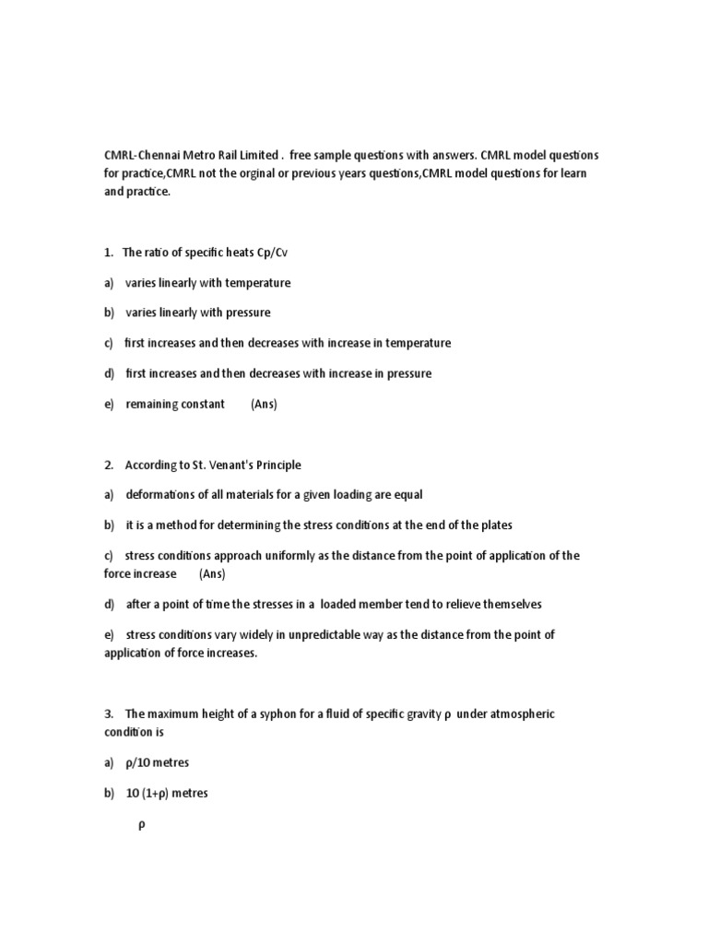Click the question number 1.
click(108, 252)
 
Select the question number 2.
click(108, 465)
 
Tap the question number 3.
click(108, 714)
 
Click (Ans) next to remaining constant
click(264, 404)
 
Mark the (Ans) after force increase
click(212, 573)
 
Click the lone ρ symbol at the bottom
click(142, 826)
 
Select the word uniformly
click(288, 556)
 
